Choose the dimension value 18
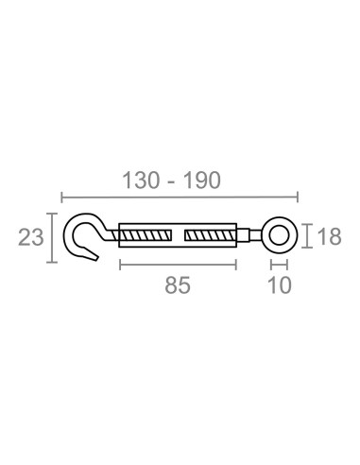click(x=328, y=237)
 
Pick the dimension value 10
click(x=279, y=284)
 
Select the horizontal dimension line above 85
click(x=178, y=265)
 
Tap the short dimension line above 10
click(x=280, y=265)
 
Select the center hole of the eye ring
click(x=280, y=234)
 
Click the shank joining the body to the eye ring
click(x=249, y=235)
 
